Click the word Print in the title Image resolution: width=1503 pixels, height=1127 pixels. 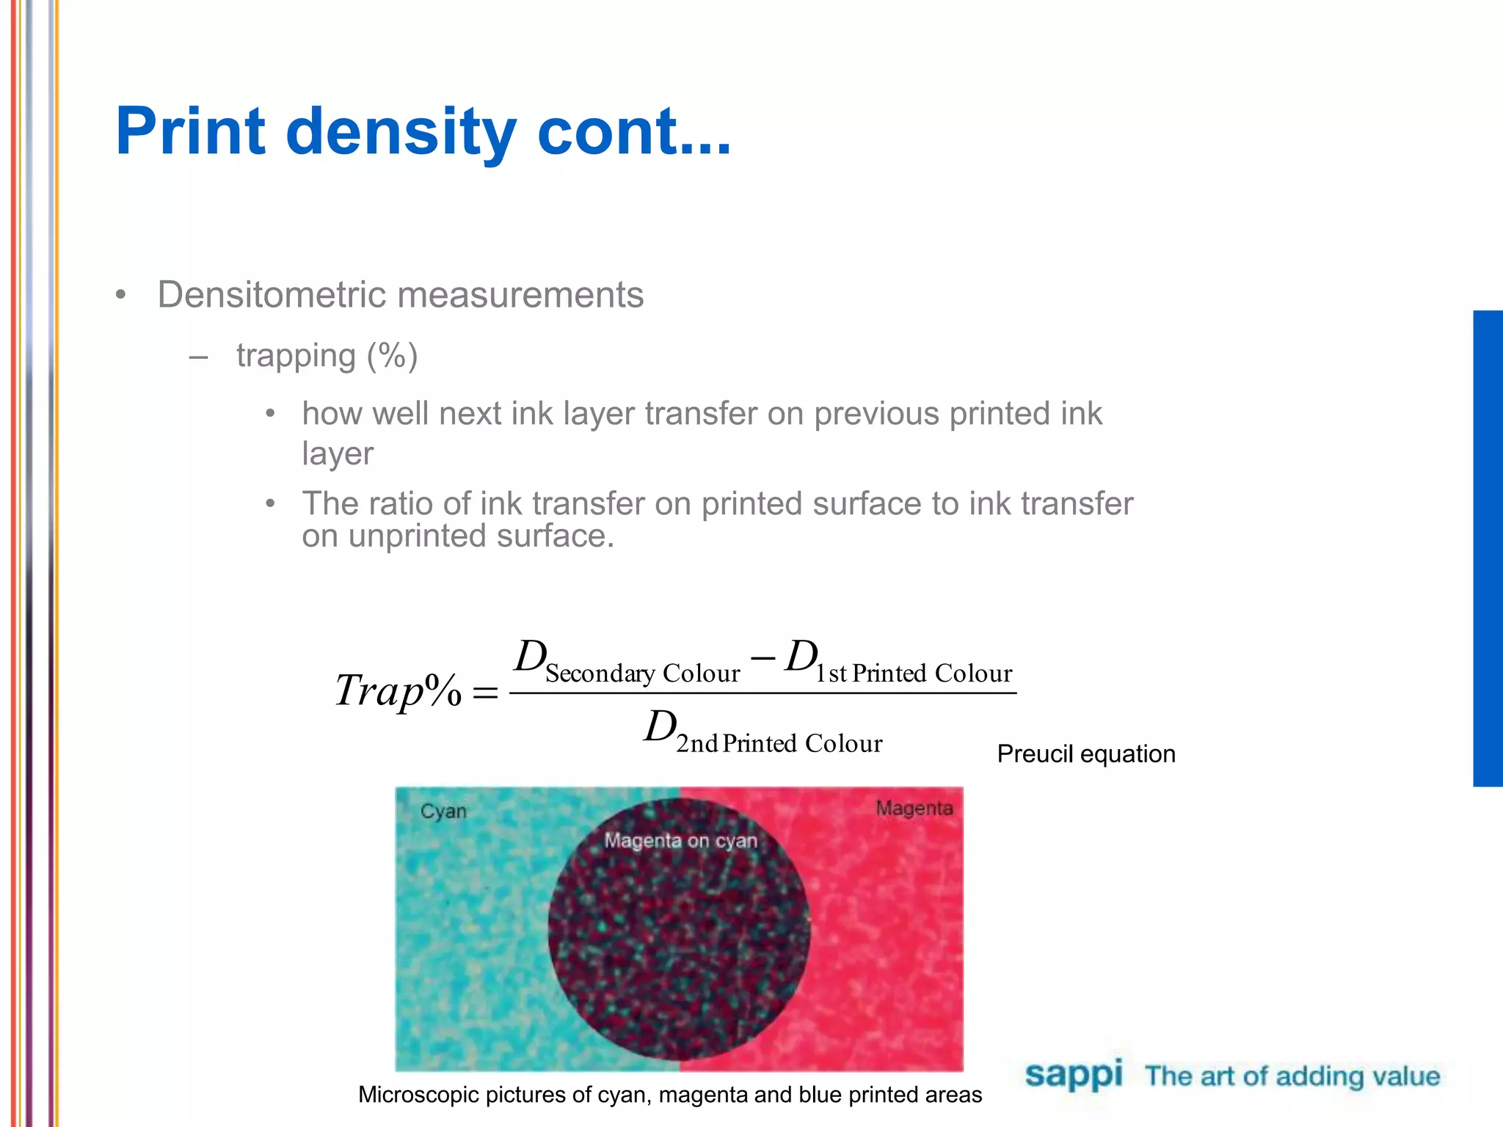tap(190, 132)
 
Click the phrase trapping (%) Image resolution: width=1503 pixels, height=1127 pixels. tap(327, 356)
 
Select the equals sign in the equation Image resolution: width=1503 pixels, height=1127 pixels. tap(485, 692)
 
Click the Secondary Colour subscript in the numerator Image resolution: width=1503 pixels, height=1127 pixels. tap(642, 674)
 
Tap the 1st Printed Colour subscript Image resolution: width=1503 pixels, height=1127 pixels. tap(914, 674)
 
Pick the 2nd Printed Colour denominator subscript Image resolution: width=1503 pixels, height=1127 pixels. tap(779, 744)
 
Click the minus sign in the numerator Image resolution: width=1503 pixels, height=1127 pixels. tap(763, 658)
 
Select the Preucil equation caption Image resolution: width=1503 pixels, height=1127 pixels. tap(1085, 754)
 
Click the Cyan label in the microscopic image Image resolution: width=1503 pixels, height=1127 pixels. tap(443, 811)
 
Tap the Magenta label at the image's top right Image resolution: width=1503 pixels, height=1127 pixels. tap(914, 809)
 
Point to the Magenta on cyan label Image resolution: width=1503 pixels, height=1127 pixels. tap(680, 841)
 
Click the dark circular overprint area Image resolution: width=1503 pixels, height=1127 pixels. tap(679, 947)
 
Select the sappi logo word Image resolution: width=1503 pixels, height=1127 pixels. tap(1074, 1075)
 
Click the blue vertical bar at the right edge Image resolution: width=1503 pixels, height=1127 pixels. tap(1488, 548)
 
